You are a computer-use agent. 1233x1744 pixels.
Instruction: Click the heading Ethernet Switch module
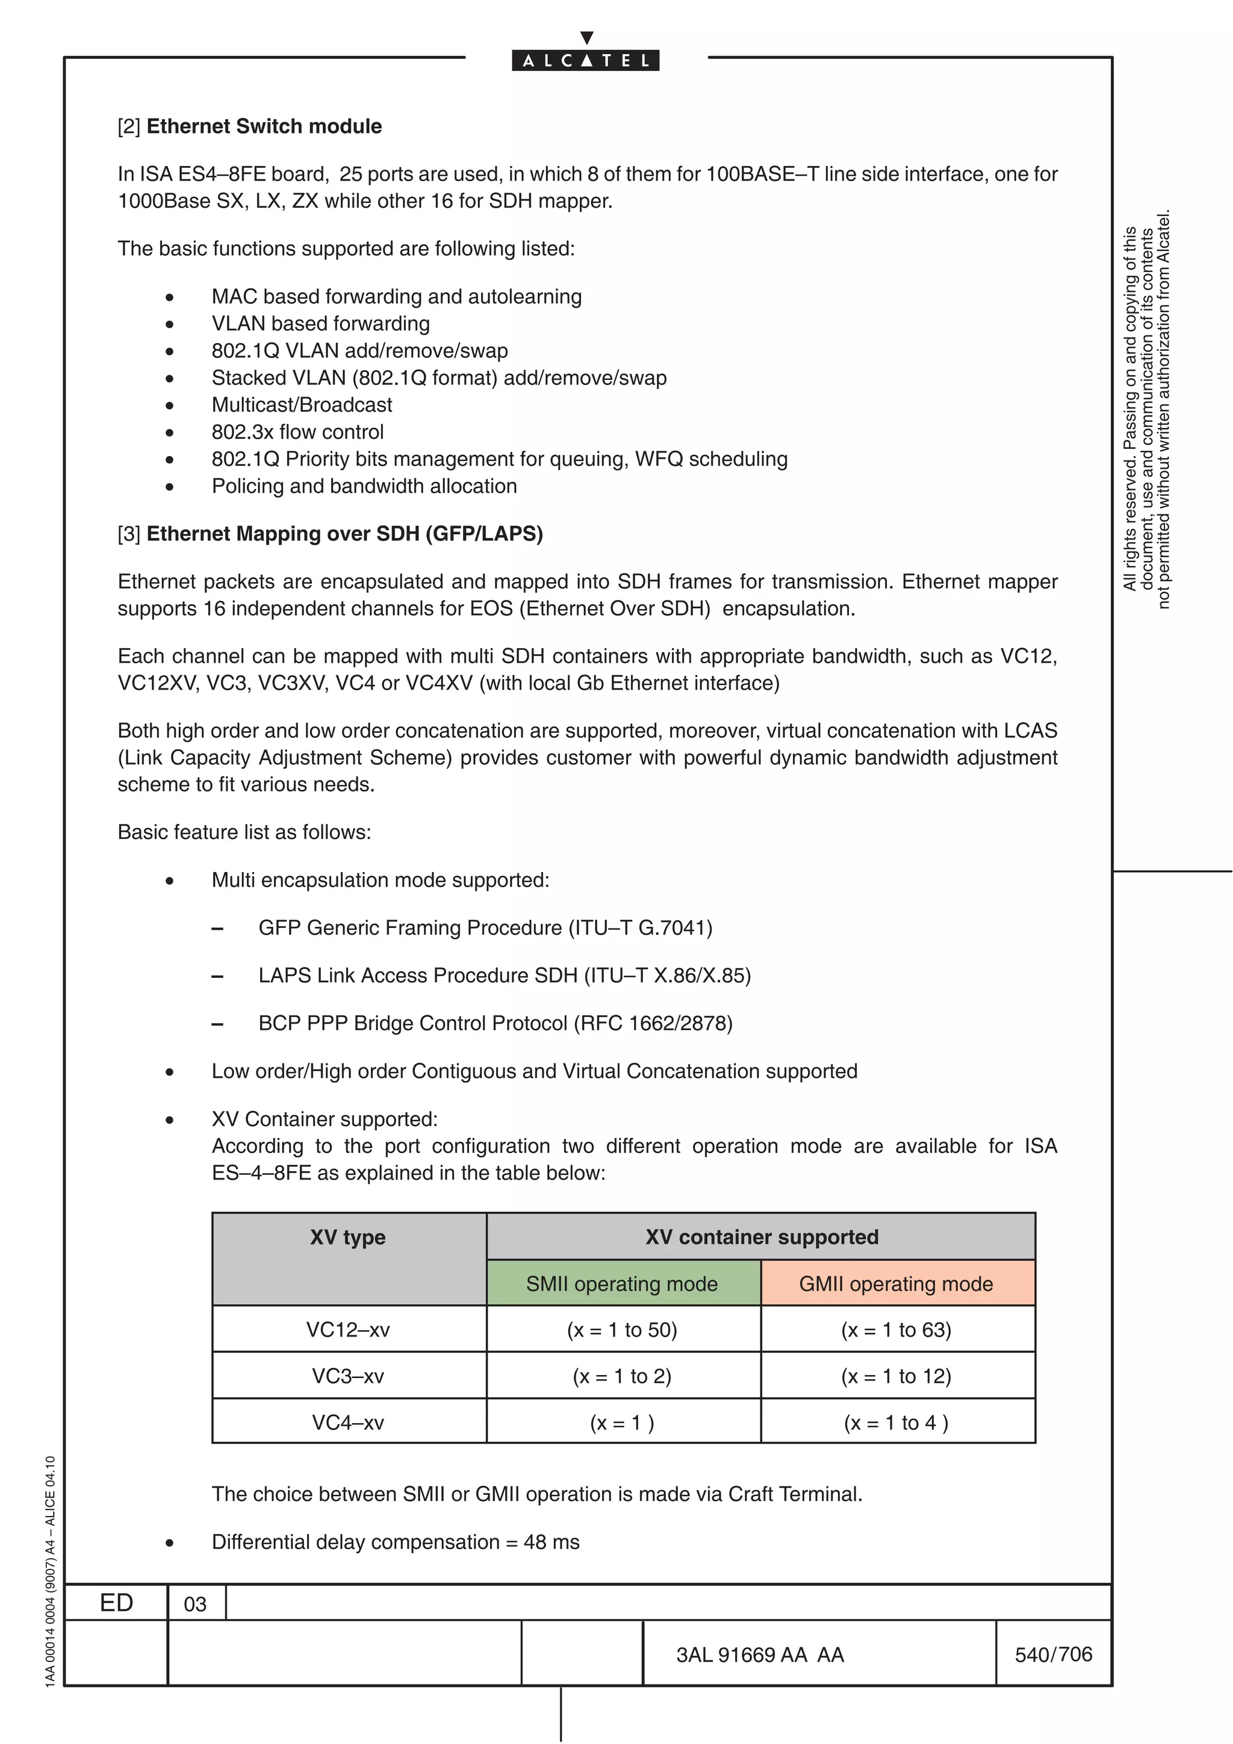click(264, 126)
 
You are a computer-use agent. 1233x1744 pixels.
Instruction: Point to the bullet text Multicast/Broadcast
click(302, 405)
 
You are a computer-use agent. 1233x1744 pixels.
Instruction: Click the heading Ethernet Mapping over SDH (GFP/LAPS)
click(344, 533)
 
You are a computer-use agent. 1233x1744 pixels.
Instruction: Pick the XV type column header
click(348, 1237)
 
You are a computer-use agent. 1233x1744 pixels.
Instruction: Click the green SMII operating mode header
click(622, 1284)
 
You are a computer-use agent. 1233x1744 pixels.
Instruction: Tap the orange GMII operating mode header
click(896, 1284)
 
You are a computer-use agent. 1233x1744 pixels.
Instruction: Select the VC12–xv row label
click(348, 1329)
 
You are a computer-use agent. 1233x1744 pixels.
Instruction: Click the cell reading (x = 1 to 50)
click(622, 1329)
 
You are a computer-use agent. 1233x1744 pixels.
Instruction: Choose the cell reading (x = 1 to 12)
click(896, 1376)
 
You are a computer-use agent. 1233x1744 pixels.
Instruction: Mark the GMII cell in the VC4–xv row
click(896, 1422)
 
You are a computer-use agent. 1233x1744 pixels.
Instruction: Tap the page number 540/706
click(1053, 1654)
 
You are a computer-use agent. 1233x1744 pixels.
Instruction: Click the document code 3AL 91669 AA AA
click(760, 1655)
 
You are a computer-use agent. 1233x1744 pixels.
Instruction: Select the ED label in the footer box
click(116, 1603)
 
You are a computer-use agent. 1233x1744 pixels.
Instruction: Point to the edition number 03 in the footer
click(195, 1604)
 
